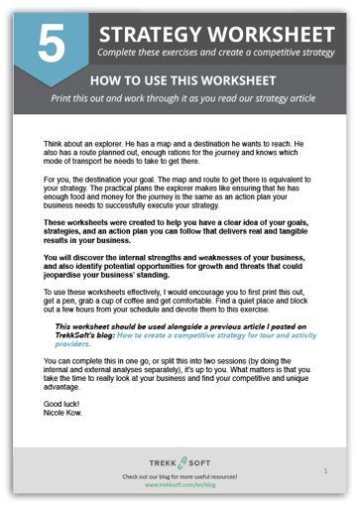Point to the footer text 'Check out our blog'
click(x=180, y=477)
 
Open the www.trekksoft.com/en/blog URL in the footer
click(x=180, y=485)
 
